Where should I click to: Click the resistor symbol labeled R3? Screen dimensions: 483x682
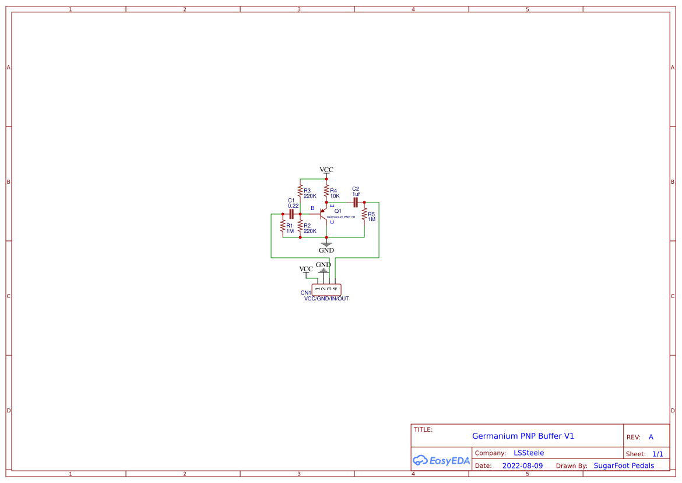(300, 191)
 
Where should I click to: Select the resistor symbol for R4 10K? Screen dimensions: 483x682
(326, 191)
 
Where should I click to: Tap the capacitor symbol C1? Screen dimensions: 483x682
(291, 214)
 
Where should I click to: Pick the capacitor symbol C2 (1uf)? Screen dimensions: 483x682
(355, 202)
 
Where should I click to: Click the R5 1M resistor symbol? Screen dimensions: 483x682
(364, 215)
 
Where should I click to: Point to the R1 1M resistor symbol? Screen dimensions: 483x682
(283, 226)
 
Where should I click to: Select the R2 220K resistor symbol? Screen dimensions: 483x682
(300, 226)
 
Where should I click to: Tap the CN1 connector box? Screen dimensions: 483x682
(326, 289)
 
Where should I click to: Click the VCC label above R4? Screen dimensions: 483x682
(326, 170)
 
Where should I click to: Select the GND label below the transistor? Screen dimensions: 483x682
(326, 250)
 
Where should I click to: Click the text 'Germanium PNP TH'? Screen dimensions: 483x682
(341, 217)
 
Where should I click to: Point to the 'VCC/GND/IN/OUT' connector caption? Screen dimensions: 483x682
(326, 299)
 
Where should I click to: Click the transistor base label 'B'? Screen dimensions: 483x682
(312, 208)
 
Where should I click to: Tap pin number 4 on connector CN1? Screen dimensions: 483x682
(335, 289)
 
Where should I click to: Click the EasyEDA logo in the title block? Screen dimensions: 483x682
(441, 460)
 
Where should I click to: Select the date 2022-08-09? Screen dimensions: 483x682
(522, 466)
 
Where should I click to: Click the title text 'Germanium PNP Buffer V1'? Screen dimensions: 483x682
(523, 436)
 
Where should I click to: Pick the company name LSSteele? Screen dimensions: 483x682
(529, 453)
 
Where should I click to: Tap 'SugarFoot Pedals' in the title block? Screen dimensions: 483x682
(624, 466)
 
